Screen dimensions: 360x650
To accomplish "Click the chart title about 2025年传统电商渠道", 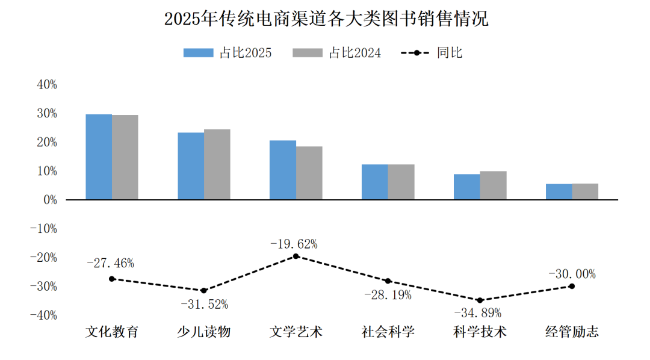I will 326,19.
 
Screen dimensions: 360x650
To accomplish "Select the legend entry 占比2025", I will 227,53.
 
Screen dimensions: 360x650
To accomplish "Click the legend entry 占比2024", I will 337,53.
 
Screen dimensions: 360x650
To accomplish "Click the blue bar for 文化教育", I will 99,157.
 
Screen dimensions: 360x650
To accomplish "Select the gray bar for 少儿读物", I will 217,164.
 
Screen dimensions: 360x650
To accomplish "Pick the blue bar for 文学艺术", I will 283,170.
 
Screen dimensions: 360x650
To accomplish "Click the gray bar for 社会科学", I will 401,182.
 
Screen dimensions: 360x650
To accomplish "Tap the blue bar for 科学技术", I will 466,187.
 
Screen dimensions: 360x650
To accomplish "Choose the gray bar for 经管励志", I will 585,191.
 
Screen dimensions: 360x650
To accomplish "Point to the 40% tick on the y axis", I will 47,85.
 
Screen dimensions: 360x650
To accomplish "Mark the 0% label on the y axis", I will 50,200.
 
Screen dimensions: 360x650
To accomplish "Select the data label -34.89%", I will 477,313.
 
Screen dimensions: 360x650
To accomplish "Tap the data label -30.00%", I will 572,275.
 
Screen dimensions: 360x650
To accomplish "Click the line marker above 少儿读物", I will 203,291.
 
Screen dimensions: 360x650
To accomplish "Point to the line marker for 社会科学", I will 388,281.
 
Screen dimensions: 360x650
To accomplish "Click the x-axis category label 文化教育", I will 112,332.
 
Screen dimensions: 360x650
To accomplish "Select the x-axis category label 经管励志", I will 572,332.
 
